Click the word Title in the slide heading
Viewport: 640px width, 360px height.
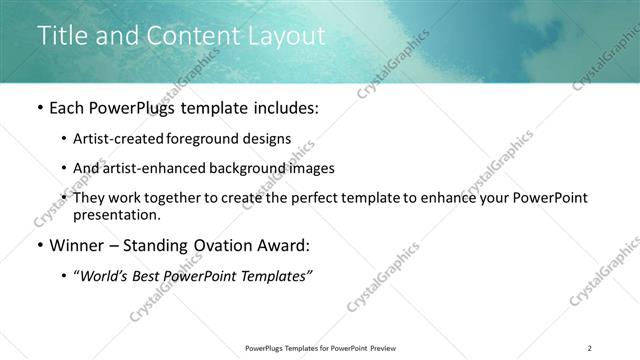tap(61, 36)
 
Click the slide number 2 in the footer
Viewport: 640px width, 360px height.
tap(590, 348)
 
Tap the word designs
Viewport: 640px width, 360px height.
tap(268, 139)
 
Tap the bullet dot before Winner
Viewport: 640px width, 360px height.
tap(39, 245)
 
